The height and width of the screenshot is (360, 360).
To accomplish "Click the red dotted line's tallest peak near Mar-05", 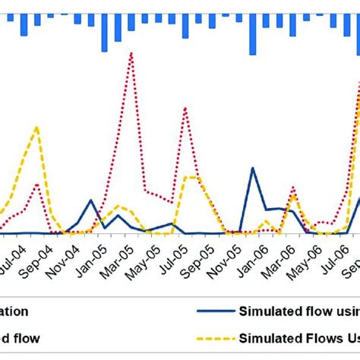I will [x=132, y=53].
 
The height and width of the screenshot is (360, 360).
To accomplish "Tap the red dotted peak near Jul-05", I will [x=185, y=108].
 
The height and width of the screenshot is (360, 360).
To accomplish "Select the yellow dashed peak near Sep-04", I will [x=36, y=127].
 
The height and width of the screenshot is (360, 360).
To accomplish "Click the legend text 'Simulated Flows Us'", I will [x=299, y=337].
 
